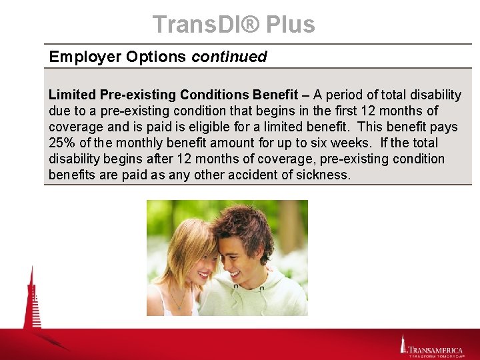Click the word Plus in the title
click(x=290, y=25)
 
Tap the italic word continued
click(x=229, y=57)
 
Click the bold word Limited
click(x=72, y=95)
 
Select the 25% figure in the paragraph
click(x=63, y=143)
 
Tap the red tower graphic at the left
click(x=32, y=300)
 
